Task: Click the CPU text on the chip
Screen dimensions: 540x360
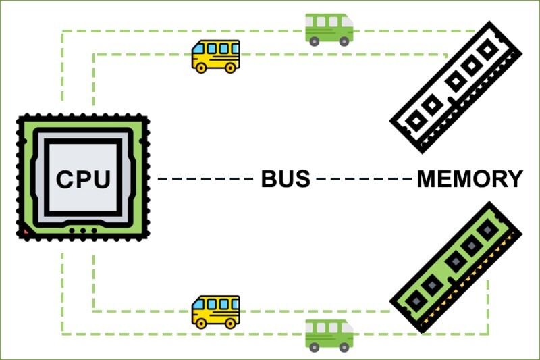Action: (83, 179)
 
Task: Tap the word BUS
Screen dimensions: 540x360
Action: (285, 179)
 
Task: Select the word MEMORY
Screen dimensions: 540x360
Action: (470, 179)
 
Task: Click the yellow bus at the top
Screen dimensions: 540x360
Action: (216, 55)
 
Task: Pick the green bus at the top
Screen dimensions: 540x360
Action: (329, 29)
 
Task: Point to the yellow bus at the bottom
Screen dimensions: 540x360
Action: (216, 311)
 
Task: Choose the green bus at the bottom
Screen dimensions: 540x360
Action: (329, 335)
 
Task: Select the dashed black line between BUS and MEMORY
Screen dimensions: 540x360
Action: (364, 179)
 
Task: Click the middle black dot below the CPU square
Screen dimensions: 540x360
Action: (83, 231)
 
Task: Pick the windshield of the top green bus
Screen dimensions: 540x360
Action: (346, 21)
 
